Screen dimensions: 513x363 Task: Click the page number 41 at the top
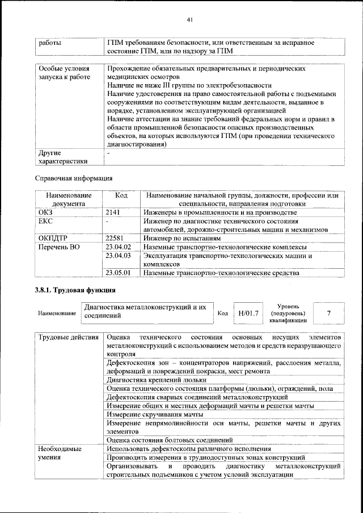[190, 20]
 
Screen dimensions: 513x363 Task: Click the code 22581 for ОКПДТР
[116, 238]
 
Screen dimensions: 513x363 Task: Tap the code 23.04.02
[118, 247]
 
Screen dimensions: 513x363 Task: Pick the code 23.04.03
[118, 256]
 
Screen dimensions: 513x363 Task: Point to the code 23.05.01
[118, 273]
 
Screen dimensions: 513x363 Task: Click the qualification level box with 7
[329, 312]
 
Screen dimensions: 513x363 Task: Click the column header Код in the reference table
[121, 195]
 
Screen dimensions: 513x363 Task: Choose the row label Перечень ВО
[60, 247]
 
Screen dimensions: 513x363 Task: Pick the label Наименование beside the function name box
[57, 314]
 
